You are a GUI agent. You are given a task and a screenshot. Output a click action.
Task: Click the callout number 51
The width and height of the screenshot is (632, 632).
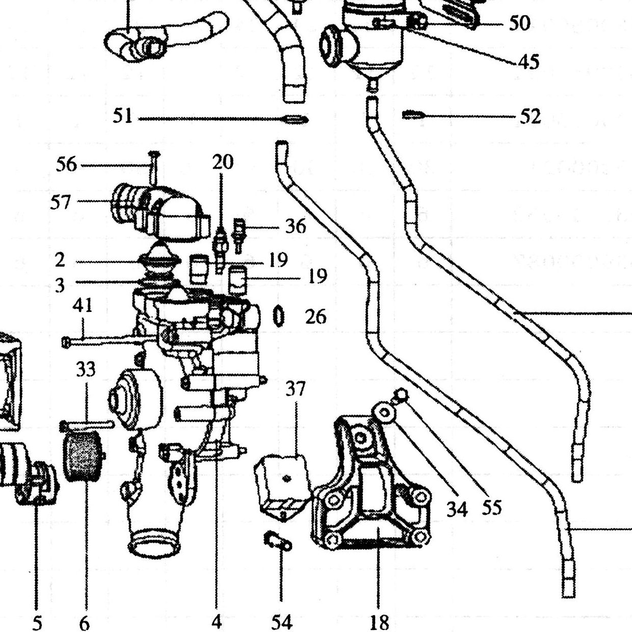click(122, 116)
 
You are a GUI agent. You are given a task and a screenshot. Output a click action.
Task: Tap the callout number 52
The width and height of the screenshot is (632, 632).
click(530, 117)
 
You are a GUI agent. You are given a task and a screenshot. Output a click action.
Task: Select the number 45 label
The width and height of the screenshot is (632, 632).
click(529, 61)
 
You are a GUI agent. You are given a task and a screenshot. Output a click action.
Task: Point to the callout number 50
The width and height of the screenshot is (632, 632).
click(519, 23)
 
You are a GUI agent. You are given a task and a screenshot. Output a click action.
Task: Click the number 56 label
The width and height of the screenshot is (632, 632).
click(66, 164)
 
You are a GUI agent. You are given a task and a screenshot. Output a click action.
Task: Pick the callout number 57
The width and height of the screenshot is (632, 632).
click(61, 202)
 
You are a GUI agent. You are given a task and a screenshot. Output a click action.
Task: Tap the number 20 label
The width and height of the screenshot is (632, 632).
click(223, 162)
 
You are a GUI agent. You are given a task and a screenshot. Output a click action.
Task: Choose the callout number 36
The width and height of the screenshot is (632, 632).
click(296, 226)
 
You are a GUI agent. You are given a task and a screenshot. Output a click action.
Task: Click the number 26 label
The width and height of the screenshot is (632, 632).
click(316, 317)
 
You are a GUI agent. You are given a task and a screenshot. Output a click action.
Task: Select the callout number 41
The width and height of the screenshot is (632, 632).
click(83, 305)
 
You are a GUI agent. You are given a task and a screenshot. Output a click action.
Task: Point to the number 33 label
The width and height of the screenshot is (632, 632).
click(86, 369)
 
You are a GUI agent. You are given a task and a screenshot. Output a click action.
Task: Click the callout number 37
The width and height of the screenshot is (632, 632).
click(296, 389)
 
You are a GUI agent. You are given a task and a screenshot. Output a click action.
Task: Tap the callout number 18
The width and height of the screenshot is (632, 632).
click(380, 622)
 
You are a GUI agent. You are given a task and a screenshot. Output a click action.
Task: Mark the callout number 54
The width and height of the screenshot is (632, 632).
click(282, 622)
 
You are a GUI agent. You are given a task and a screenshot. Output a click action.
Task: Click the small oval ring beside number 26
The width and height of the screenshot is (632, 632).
click(278, 316)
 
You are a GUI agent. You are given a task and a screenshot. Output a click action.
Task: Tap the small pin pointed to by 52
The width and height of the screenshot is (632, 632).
click(413, 115)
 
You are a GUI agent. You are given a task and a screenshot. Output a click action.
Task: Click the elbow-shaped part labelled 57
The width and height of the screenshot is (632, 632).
click(161, 213)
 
